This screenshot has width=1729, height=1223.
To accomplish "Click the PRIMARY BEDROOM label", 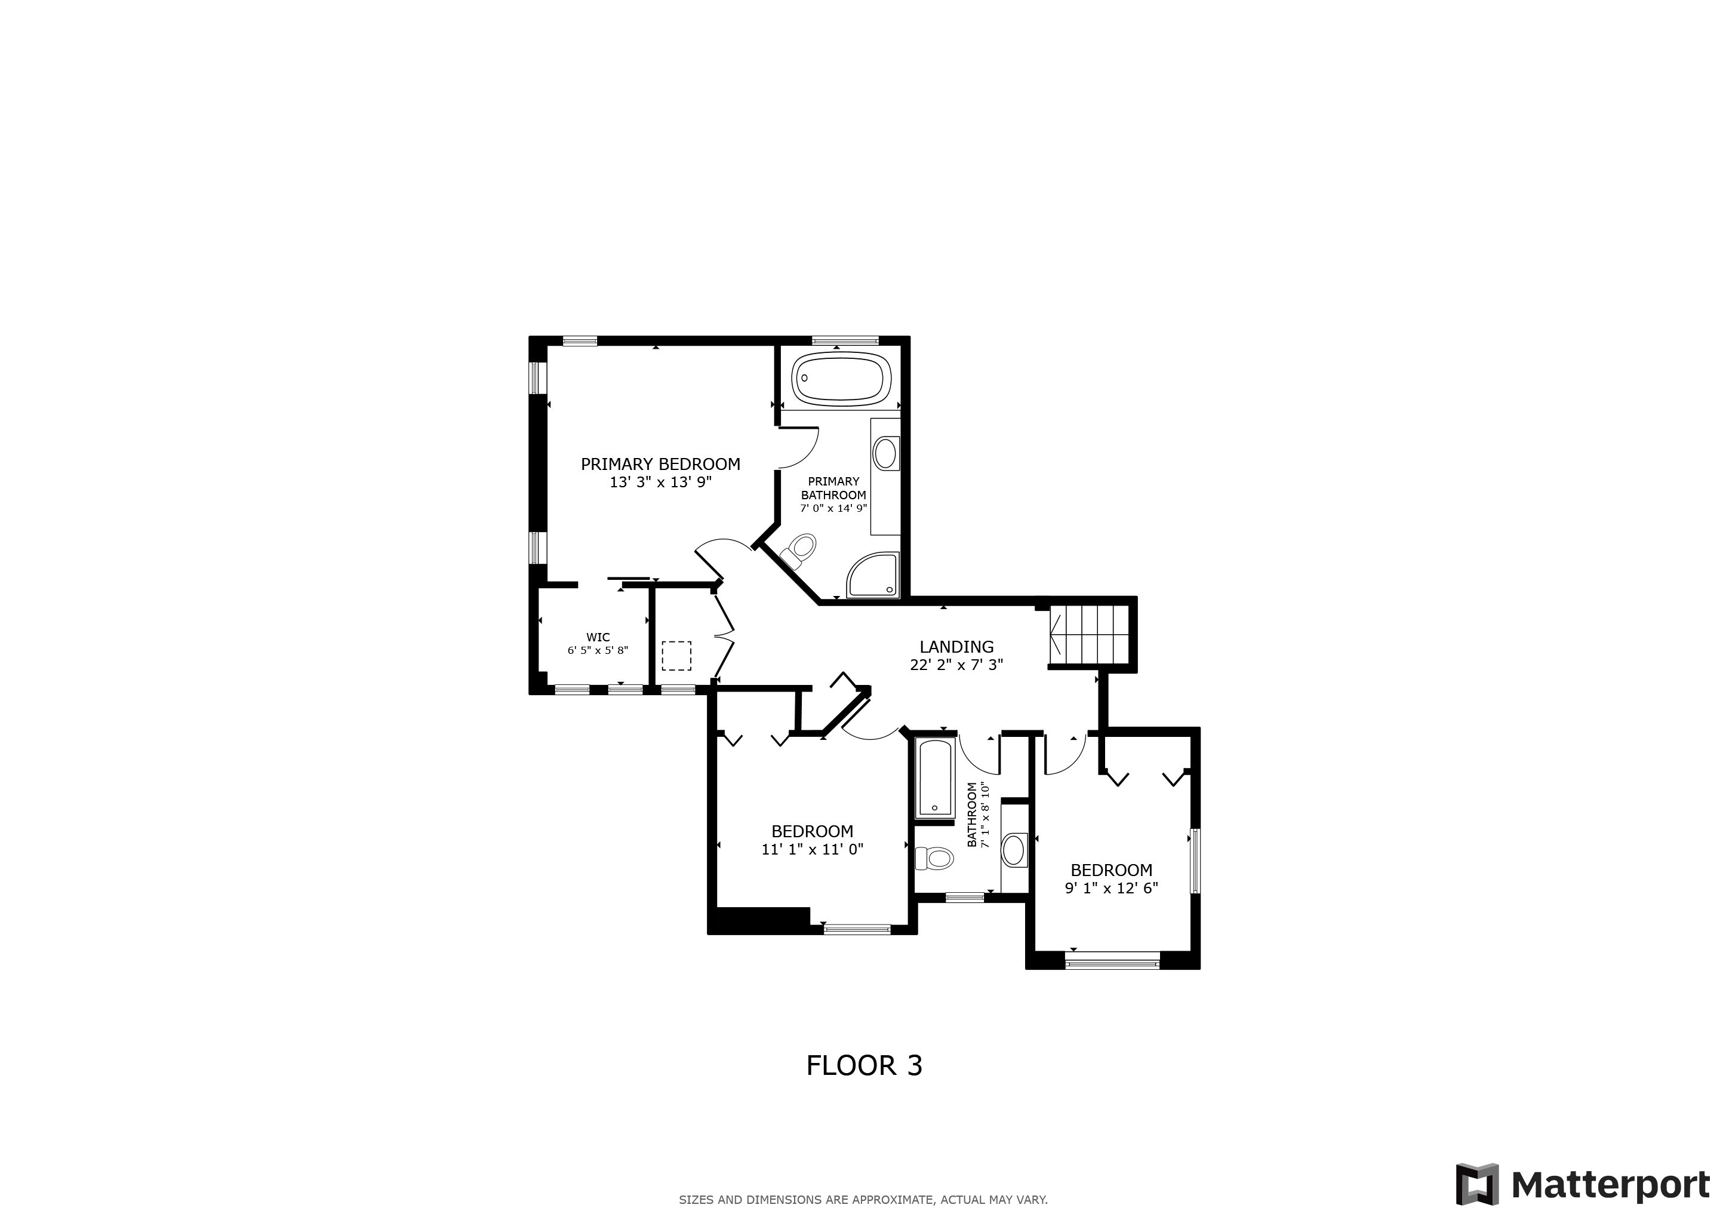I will tap(660, 464).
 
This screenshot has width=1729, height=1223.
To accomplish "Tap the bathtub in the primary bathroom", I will tap(841, 377).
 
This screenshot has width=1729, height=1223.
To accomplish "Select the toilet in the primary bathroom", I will tap(799, 551).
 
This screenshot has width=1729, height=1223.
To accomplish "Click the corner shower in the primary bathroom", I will tap(874, 576).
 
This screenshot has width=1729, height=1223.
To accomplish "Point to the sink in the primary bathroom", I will tap(885, 454).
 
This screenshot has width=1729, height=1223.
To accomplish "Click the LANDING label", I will tap(956, 647).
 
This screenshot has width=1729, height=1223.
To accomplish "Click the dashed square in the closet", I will tap(676, 655).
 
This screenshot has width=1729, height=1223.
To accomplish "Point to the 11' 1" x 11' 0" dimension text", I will tap(812, 850).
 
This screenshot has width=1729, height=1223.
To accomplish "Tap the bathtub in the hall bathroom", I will tap(934, 778).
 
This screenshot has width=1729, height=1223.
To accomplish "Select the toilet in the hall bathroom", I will tap(934, 857).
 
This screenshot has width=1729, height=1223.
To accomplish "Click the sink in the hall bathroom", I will tap(1014, 850).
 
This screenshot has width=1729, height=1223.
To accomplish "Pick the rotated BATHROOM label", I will tap(972, 815).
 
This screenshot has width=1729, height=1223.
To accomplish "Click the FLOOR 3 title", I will tap(864, 1065).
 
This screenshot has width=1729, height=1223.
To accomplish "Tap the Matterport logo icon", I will tap(1476, 1185).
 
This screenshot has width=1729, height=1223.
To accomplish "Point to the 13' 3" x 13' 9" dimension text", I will tap(660, 483).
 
